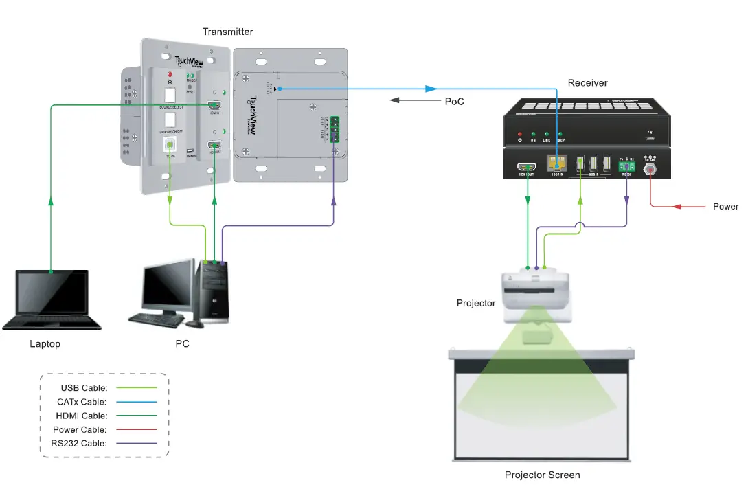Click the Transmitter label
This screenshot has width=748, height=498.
pyautogui.click(x=227, y=32)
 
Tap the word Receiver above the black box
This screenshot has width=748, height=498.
pyautogui.click(x=587, y=82)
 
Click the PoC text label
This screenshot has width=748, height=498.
pyautogui.click(x=454, y=101)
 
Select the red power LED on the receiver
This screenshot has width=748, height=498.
pyautogui.click(x=519, y=135)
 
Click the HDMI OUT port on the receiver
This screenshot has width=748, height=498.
pyautogui.click(x=528, y=166)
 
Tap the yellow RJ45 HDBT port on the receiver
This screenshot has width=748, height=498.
pyautogui.click(x=556, y=164)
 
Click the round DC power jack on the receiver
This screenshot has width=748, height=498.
pyautogui.click(x=649, y=167)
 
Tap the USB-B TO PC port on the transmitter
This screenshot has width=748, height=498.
pyautogui.click(x=169, y=145)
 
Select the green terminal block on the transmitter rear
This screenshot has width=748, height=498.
pyautogui.click(x=335, y=128)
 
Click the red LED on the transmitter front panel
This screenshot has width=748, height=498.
pyautogui.click(x=169, y=73)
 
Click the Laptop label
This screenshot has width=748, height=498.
pyautogui.click(x=45, y=343)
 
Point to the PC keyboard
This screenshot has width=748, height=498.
pyautogui.click(x=156, y=319)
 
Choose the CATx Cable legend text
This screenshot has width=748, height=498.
pyautogui.click(x=82, y=402)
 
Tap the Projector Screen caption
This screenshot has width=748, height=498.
pyautogui.click(x=542, y=475)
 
